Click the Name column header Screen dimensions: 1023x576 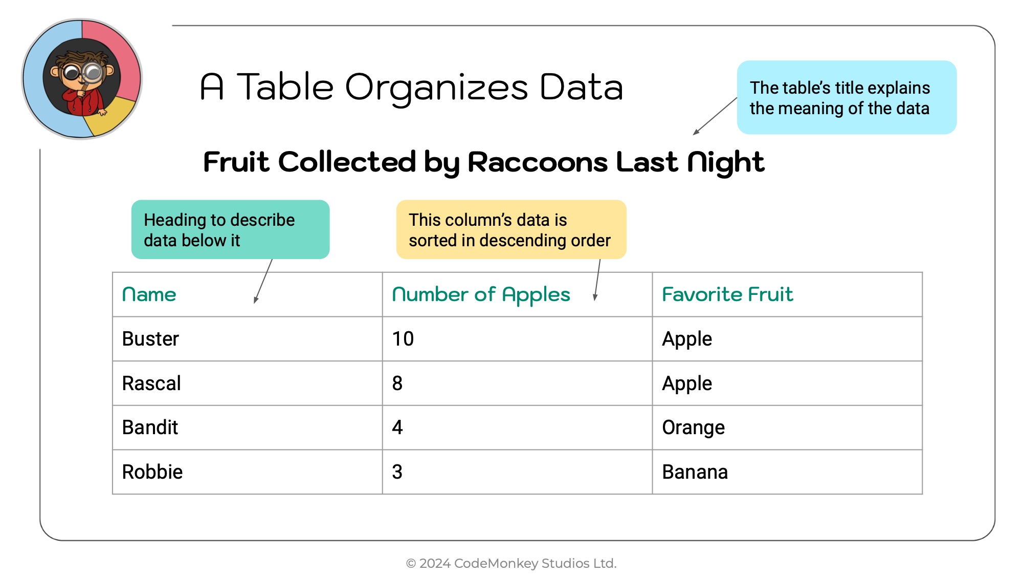tap(149, 294)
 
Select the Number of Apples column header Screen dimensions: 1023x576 tap(481, 295)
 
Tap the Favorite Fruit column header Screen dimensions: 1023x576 tap(727, 294)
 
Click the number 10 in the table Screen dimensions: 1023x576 tap(403, 339)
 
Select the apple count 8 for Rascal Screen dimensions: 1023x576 tap(397, 383)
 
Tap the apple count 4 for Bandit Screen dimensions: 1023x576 tap(397, 428)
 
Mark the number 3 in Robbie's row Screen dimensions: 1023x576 tap(397, 472)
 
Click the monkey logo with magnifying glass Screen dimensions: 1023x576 tap(82, 79)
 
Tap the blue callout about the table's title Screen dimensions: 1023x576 tap(847, 97)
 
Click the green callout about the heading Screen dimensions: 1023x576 tap(230, 229)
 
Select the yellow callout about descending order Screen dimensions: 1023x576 tap(511, 229)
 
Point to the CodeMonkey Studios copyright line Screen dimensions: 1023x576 tap(511, 563)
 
